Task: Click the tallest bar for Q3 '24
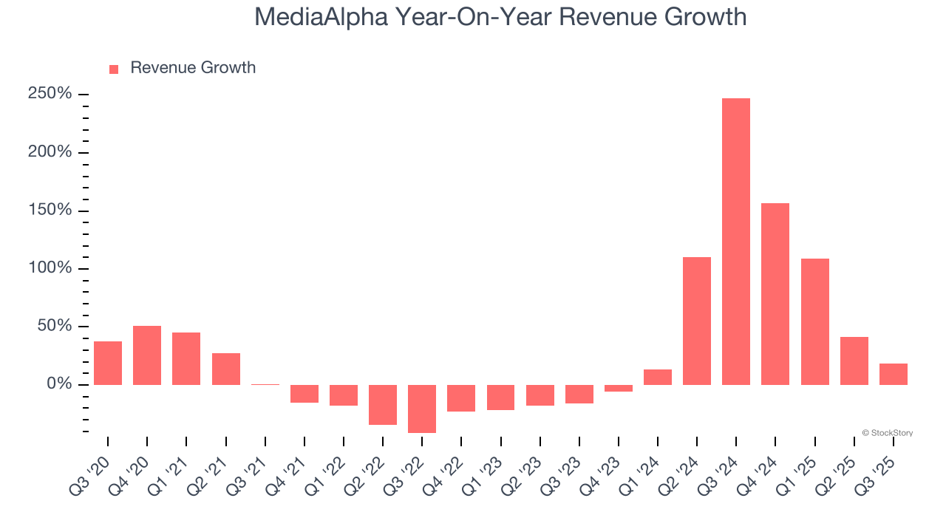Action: pyautogui.click(x=736, y=242)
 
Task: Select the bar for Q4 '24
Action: pyautogui.click(x=775, y=294)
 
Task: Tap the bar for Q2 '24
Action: pyautogui.click(x=697, y=321)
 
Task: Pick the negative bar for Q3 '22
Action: pyautogui.click(x=422, y=409)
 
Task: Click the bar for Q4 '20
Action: pyautogui.click(x=147, y=355)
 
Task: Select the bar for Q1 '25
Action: pyautogui.click(x=814, y=321)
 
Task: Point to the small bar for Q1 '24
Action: pyautogui.click(x=658, y=377)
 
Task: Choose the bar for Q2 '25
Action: pyautogui.click(x=854, y=361)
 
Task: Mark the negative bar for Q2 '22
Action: pyautogui.click(x=383, y=405)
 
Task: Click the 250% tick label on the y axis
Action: pyautogui.click(x=50, y=94)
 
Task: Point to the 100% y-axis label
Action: pyautogui.click(x=50, y=268)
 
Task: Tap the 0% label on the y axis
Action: pyautogui.click(x=58, y=384)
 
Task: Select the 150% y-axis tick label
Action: pyautogui.click(x=50, y=210)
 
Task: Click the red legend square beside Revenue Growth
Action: pyautogui.click(x=114, y=69)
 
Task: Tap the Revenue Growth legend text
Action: pyautogui.click(x=193, y=68)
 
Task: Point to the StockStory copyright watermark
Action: pyautogui.click(x=887, y=433)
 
